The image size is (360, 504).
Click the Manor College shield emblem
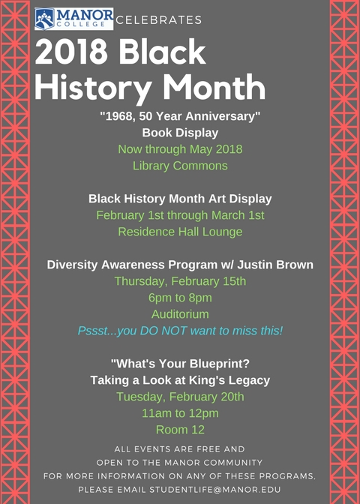(45, 19)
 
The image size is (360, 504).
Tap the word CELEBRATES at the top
(159, 20)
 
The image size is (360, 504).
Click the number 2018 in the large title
(71, 52)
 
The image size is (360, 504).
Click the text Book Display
(180, 133)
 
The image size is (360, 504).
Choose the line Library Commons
(180, 166)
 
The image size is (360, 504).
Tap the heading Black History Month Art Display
(180, 199)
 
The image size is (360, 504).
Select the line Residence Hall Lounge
(180, 232)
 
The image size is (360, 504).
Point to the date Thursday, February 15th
(180, 281)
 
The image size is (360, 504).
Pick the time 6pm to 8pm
(180, 298)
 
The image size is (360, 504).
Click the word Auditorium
(180, 314)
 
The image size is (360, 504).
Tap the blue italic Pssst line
(180, 331)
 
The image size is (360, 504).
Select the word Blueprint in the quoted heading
(220, 364)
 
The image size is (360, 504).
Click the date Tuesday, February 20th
(180, 397)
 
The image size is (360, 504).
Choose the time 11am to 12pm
(180, 413)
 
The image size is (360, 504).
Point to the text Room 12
(180, 430)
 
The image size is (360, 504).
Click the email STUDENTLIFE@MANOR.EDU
(215, 490)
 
